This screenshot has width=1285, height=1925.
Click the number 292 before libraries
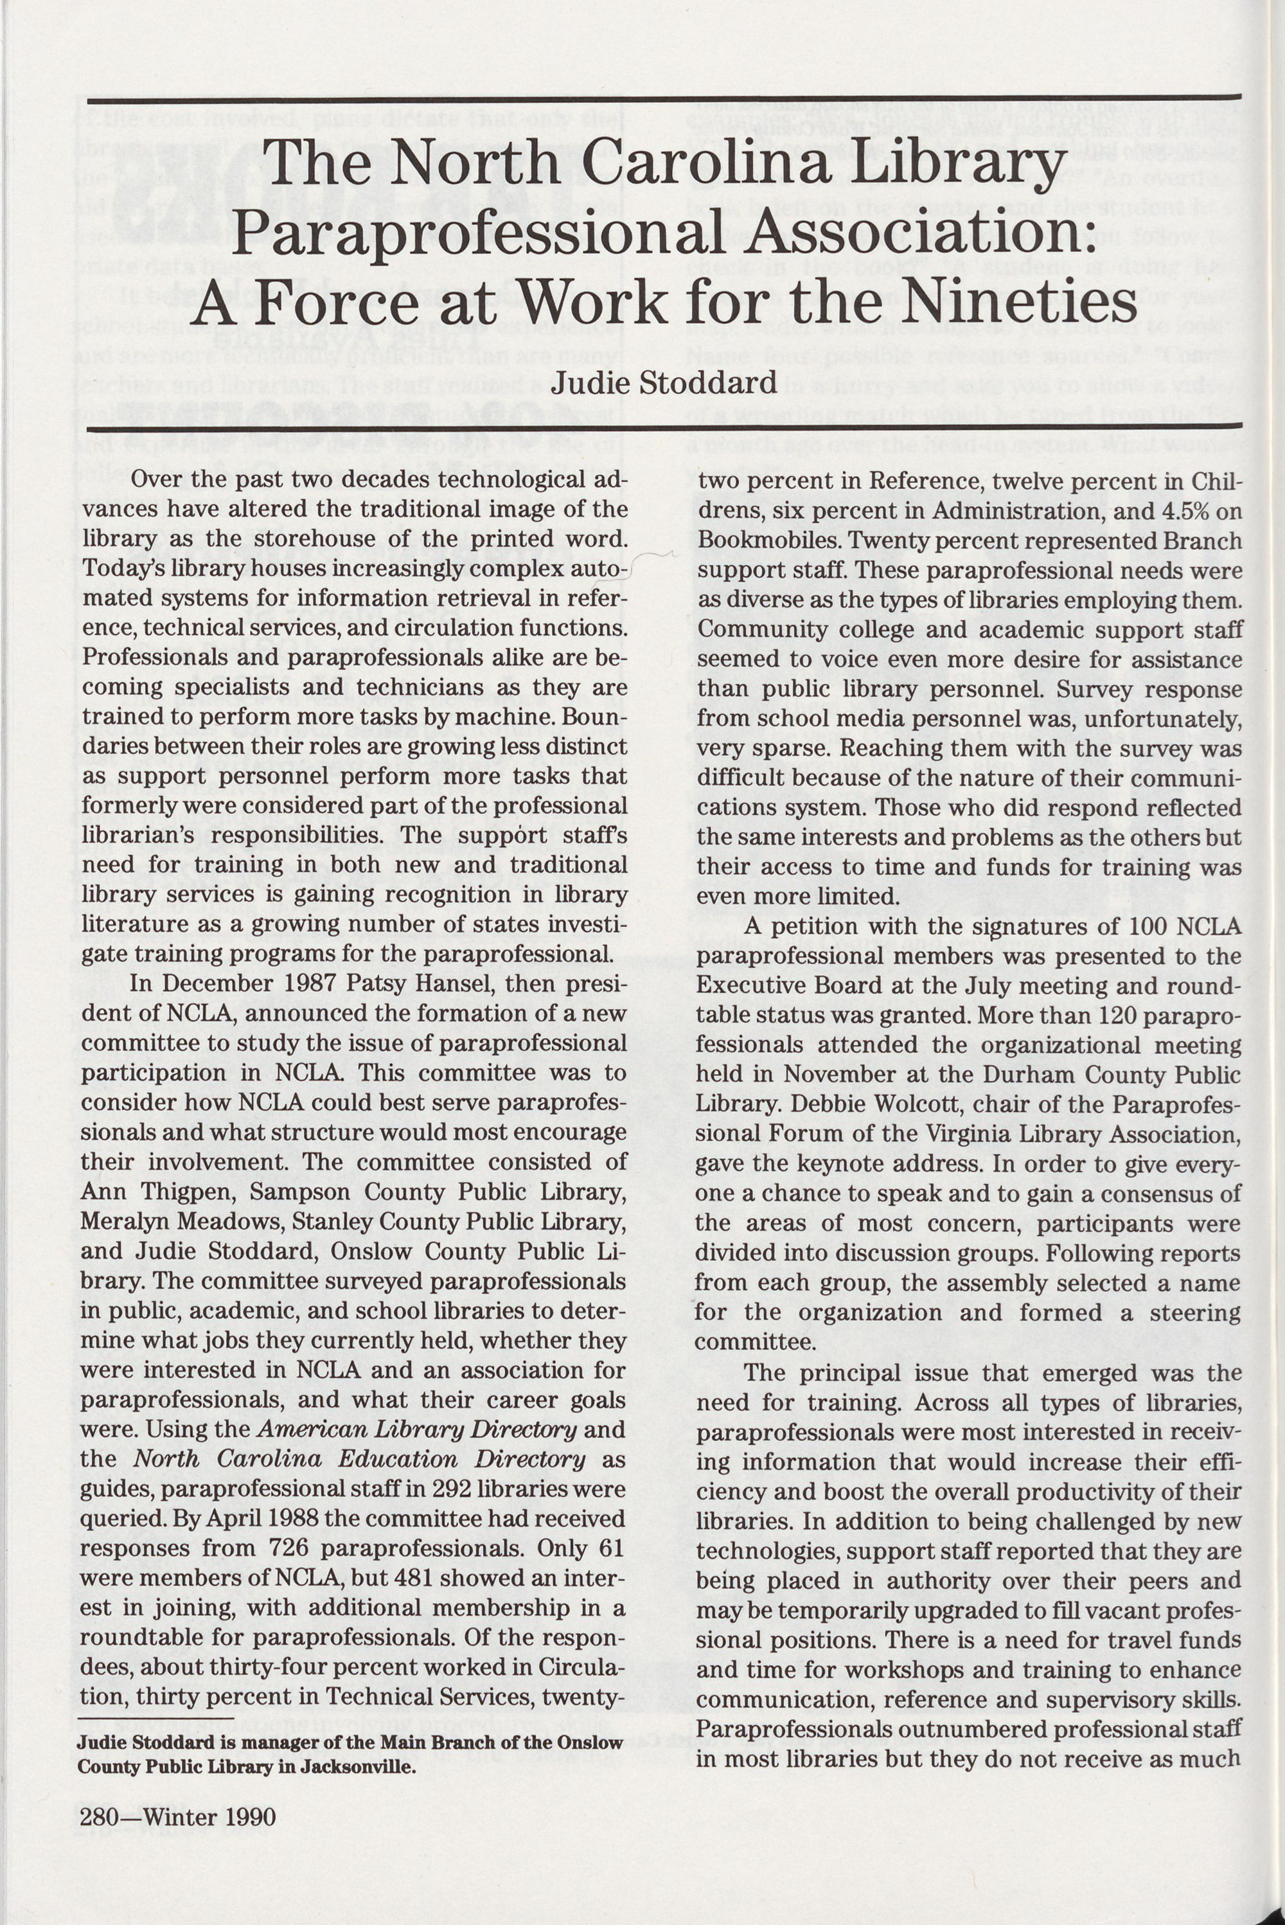444,1488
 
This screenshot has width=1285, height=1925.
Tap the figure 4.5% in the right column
1176,511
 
